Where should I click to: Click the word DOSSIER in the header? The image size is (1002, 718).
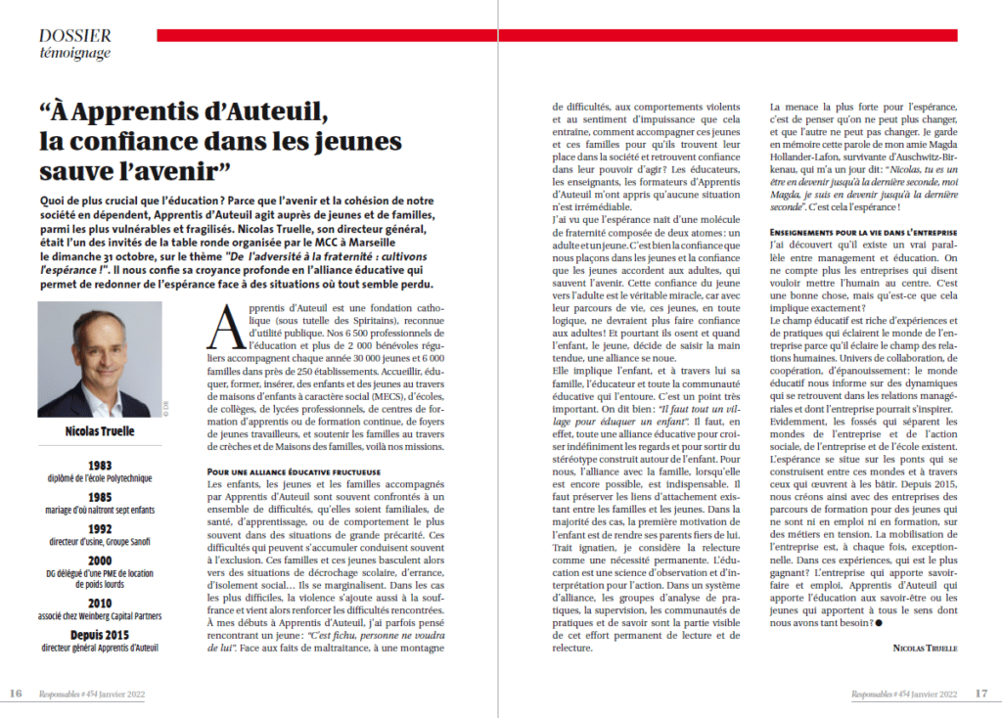click(75, 35)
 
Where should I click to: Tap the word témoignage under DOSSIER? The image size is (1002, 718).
click(75, 53)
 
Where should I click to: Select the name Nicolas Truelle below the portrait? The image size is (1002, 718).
click(95, 432)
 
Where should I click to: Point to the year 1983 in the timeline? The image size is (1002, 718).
click(96, 467)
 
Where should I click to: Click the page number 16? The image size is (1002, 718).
click(17, 694)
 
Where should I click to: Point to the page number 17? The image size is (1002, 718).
click(981, 694)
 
